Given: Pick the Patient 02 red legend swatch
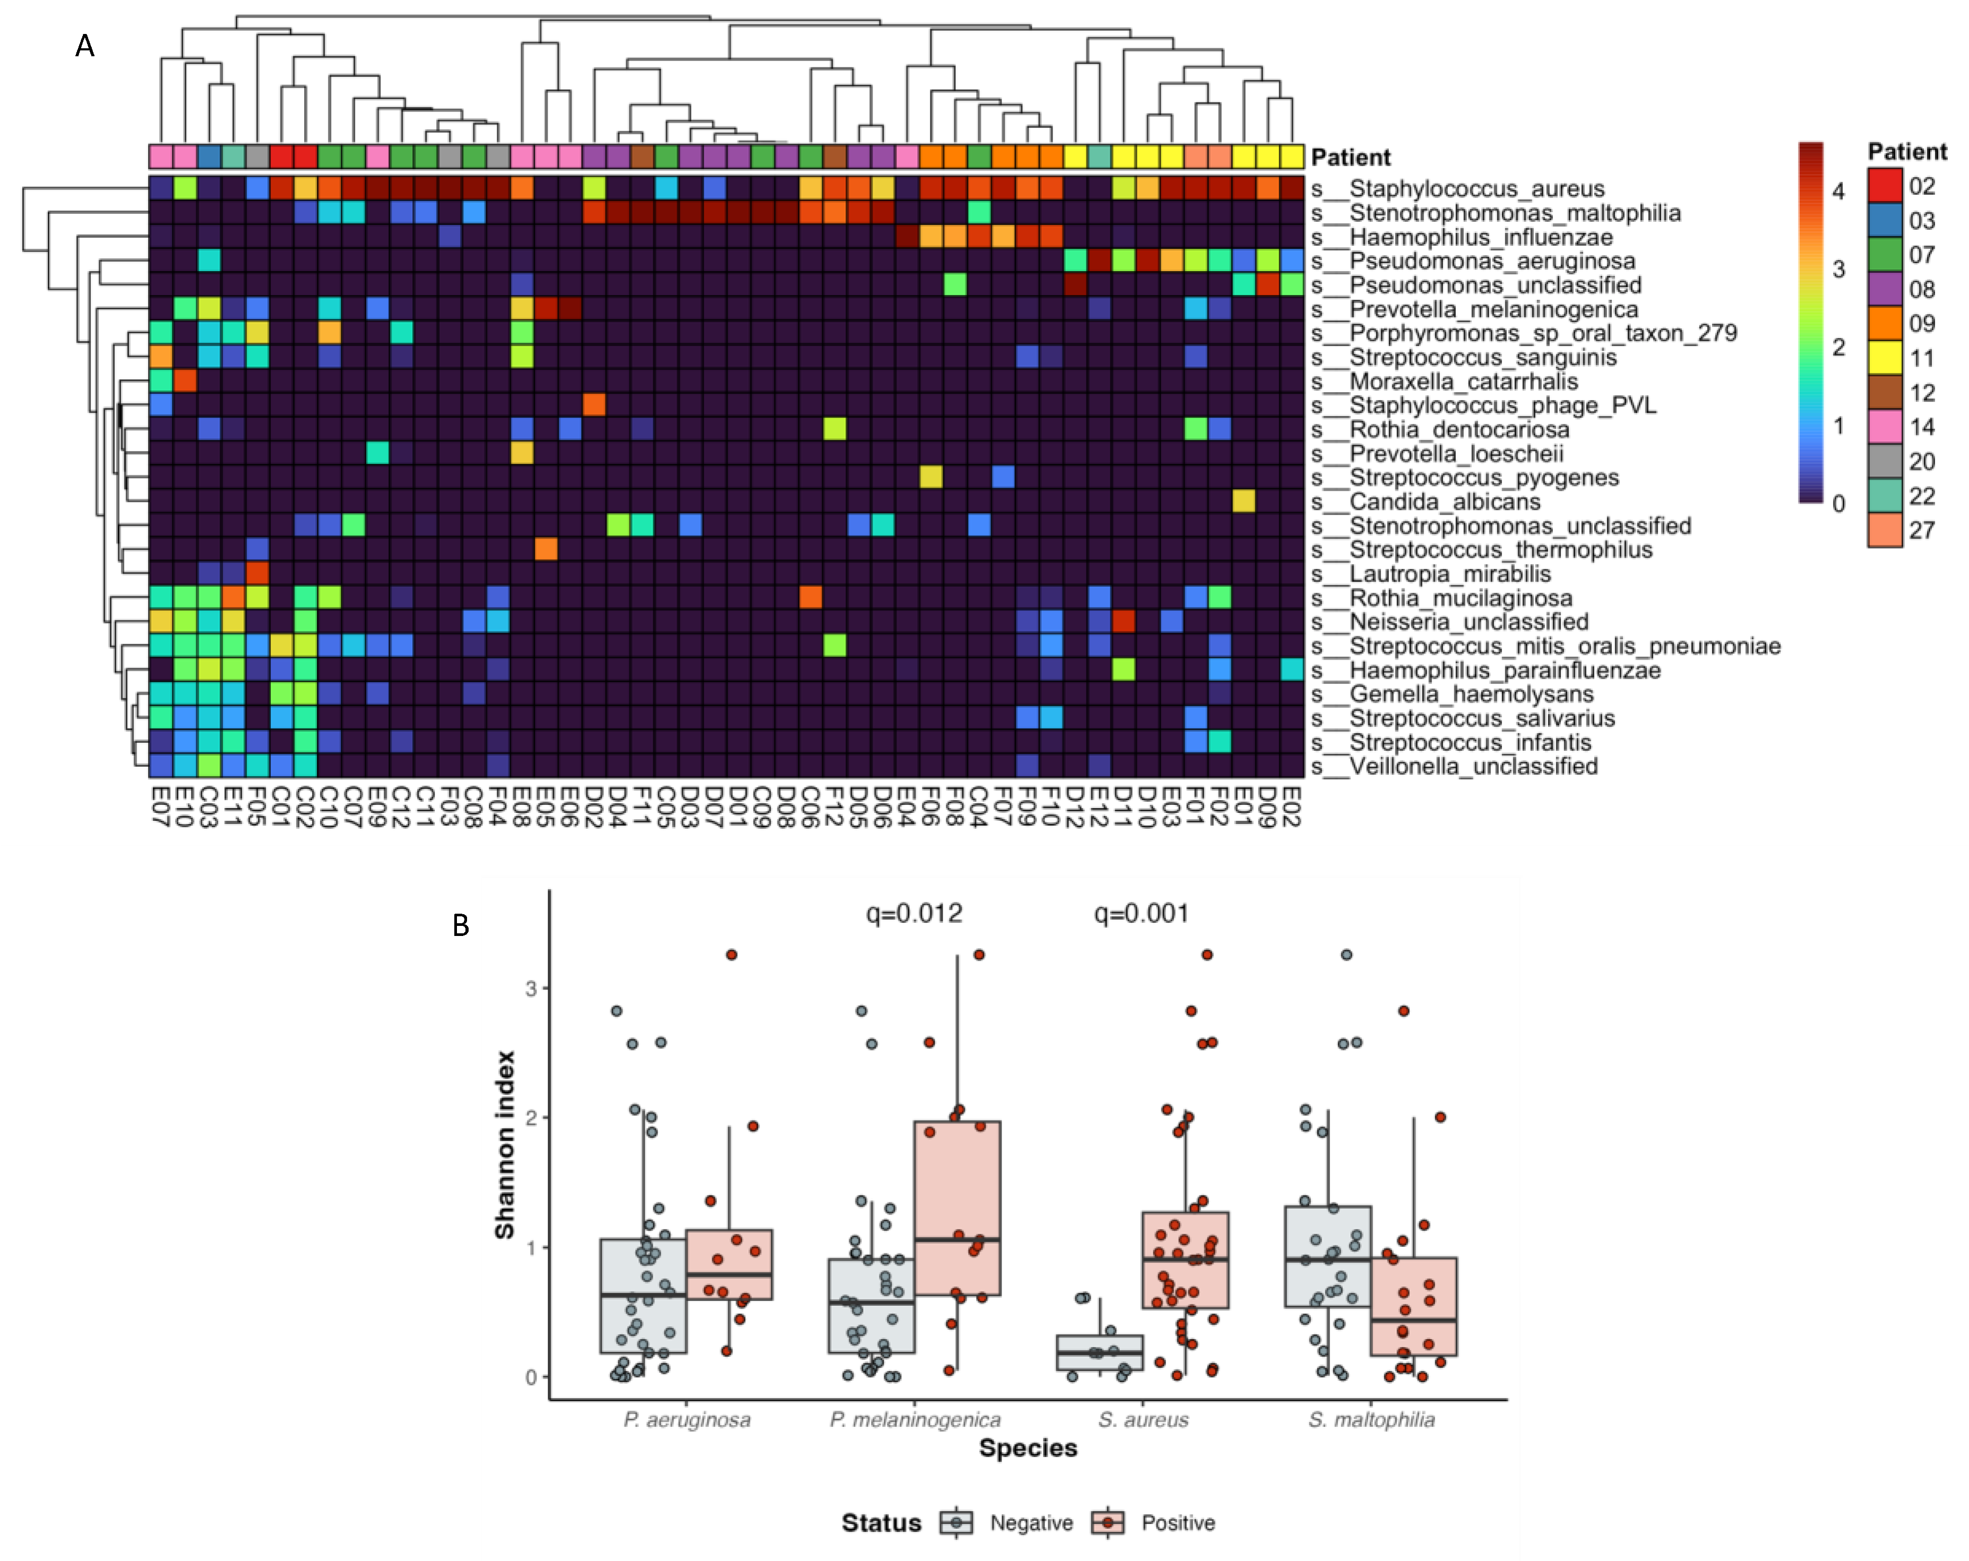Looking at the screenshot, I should click(x=1884, y=186).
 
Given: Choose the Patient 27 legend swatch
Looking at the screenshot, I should click(x=1884, y=531).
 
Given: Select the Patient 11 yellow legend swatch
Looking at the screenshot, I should click(x=1884, y=358).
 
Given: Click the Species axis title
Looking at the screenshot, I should click(x=1027, y=1449).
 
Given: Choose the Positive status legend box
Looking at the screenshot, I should click(x=1108, y=1523).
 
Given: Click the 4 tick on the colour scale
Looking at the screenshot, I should click(x=1838, y=191).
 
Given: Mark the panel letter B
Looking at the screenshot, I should click(x=461, y=926).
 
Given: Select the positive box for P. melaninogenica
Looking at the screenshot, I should click(x=957, y=1208).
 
